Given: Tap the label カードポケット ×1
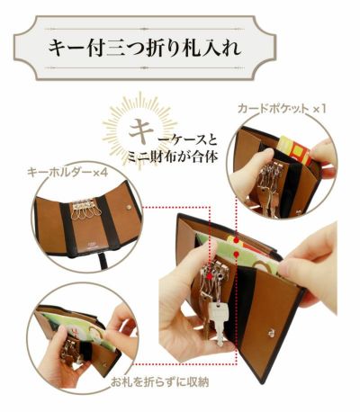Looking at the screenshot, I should pos(281,108).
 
